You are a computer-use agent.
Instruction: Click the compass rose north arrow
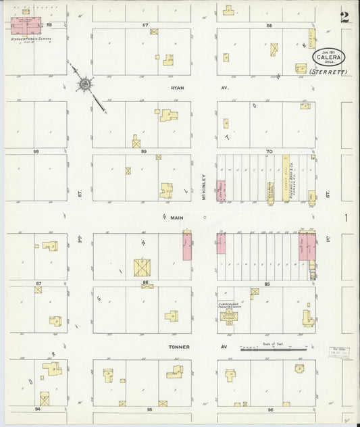[86, 84]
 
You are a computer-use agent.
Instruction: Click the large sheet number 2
[345, 18]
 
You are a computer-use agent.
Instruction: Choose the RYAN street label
[178, 88]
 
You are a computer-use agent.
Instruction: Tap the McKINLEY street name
[203, 184]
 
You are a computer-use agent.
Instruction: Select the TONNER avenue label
[180, 347]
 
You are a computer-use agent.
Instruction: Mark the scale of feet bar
[270, 349]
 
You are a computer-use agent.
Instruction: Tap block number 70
[268, 152]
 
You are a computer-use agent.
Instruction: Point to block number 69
[143, 152]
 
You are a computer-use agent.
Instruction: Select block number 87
[38, 283]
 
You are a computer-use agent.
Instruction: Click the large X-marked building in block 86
[143, 268]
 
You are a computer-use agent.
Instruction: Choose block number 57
[145, 25]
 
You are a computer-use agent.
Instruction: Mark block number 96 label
[269, 409]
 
